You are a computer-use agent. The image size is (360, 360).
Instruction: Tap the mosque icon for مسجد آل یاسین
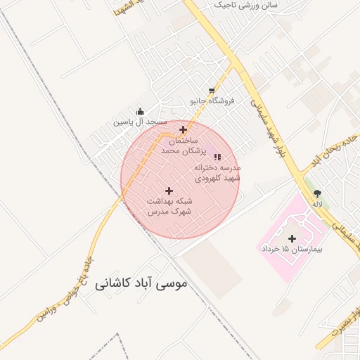(140, 111)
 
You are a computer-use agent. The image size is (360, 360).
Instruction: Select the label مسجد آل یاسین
(141, 122)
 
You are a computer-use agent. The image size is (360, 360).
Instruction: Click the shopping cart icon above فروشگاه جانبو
(212, 91)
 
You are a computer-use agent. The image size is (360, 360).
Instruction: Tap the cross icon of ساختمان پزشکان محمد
(183, 129)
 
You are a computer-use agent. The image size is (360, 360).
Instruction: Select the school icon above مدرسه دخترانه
(217, 157)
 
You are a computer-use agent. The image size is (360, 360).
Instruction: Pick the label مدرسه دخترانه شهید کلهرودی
(217, 173)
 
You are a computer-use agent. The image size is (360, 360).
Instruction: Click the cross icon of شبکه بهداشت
(169, 191)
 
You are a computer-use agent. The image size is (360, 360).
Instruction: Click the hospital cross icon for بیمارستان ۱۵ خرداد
(292, 239)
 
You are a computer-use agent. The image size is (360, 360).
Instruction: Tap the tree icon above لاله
(318, 193)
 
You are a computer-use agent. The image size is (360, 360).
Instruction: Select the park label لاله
(318, 204)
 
